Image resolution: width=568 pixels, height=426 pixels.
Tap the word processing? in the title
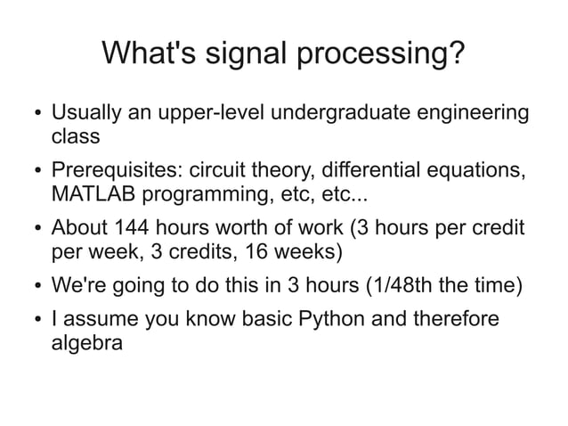(381, 53)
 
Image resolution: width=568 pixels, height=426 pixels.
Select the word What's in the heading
(149, 53)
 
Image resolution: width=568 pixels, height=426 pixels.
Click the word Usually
(86, 112)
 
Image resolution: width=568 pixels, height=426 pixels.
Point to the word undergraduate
(340, 112)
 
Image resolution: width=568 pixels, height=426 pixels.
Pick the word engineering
(473, 112)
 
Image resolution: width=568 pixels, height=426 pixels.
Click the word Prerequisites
(117, 169)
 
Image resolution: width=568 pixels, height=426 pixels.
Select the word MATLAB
(93, 193)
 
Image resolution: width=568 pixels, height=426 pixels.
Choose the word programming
(208, 194)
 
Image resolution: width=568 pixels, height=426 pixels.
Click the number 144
(131, 227)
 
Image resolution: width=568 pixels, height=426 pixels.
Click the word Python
(331, 319)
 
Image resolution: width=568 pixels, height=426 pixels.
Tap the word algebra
(87, 342)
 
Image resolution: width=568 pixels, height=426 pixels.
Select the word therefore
(457, 318)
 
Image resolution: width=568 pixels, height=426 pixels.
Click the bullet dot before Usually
(38, 113)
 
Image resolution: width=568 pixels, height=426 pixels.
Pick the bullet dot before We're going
(38, 285)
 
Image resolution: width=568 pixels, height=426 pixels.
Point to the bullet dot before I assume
(38, 319)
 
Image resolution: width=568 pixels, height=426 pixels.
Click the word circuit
(216, 169)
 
